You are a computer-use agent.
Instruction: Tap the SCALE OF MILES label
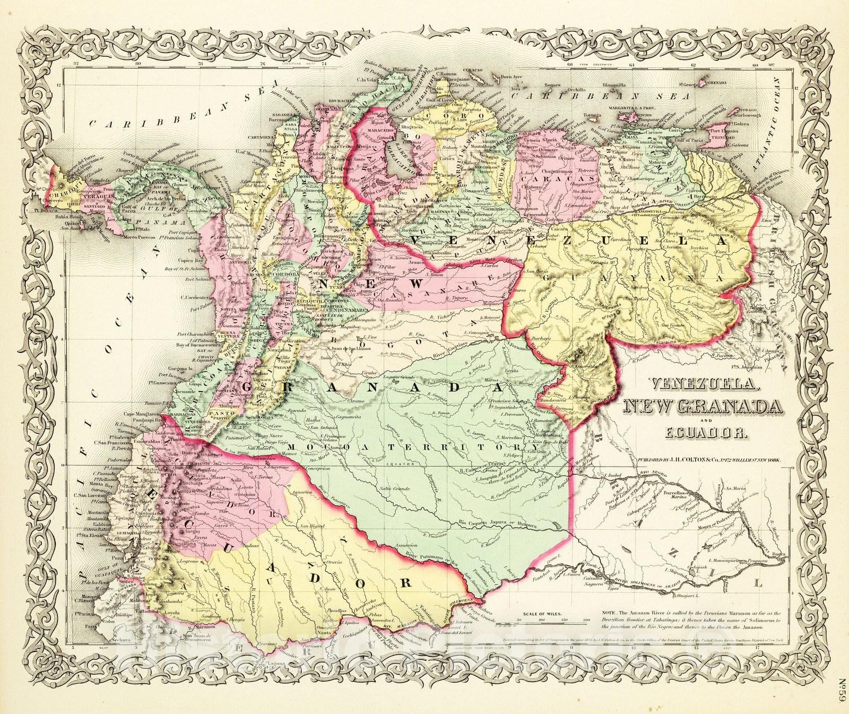542,614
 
